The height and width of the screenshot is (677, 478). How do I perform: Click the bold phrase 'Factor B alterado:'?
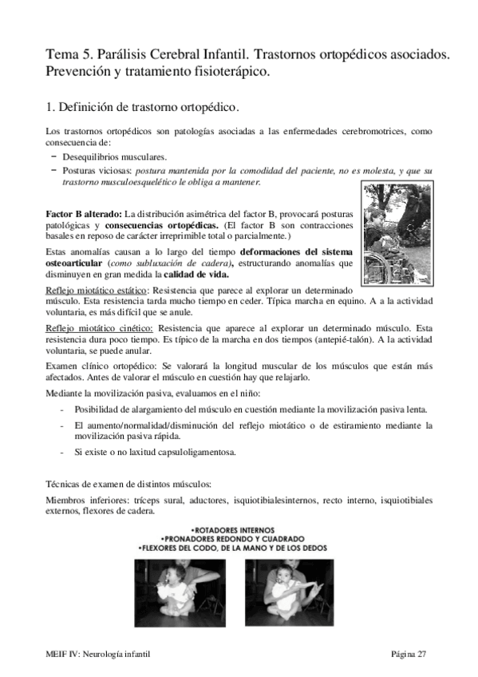(x=83, y=215)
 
